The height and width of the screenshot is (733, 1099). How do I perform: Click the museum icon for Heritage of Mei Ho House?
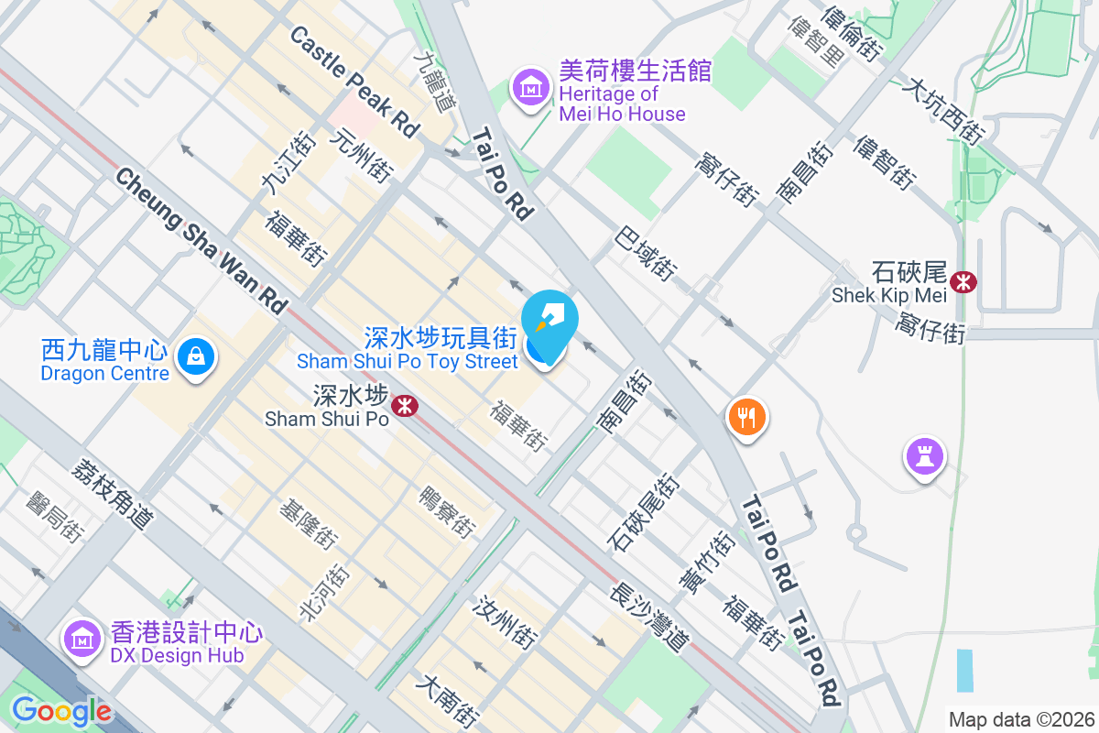pyautogui.click(x=530, y=89)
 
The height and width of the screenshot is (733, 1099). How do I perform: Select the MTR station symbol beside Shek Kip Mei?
pyautogui.click(x=963, y=281)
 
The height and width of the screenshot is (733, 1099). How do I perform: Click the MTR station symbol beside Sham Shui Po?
pyautogui.click(x=403, y=404)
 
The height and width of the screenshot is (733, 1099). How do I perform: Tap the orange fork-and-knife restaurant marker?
pyautogui.click(x=747, y=418)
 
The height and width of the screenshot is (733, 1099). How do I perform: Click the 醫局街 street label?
pyautogui.click(x=57, y=517)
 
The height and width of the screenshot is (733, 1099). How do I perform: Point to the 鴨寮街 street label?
pyautogui.click(x=448, y=512)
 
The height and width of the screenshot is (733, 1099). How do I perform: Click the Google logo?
pyautogui.click(x=61, y=711)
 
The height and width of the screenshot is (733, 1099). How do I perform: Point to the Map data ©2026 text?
pyautogui.click(x=1021, y=719)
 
